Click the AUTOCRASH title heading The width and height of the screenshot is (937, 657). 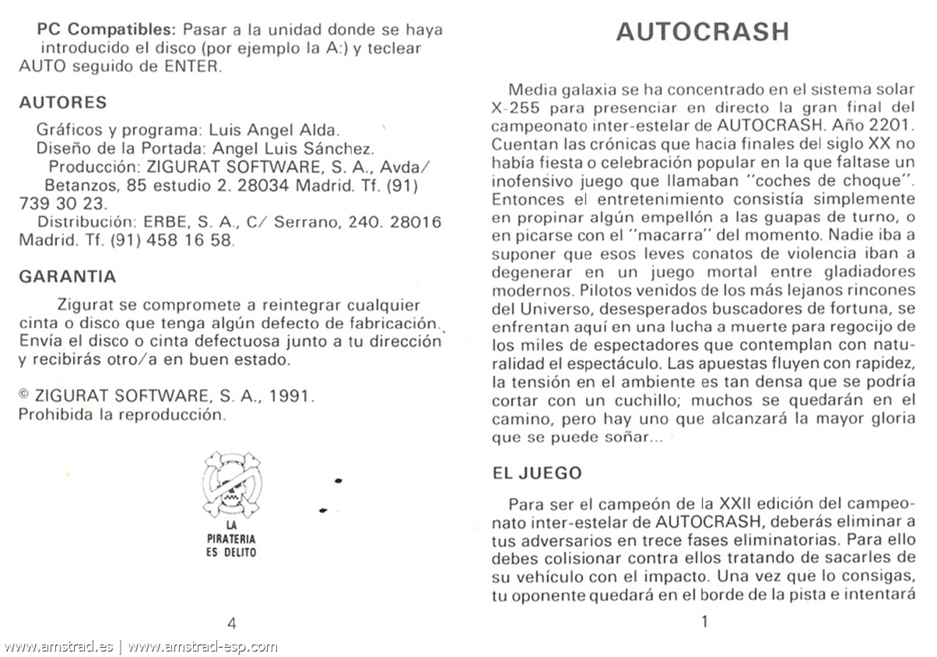point(703,31)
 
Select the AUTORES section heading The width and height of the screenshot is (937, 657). point(62,103)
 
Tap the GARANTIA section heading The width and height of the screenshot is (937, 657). point(67,276)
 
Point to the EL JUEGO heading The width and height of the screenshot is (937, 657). point(537,473)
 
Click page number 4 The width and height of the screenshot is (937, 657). point(231,622)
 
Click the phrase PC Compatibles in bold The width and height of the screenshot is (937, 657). point(106,30)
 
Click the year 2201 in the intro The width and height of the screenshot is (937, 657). point(890,125)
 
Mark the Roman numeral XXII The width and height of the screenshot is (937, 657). point(742,504)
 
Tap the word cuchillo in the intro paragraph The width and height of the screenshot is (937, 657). point(633,401)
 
